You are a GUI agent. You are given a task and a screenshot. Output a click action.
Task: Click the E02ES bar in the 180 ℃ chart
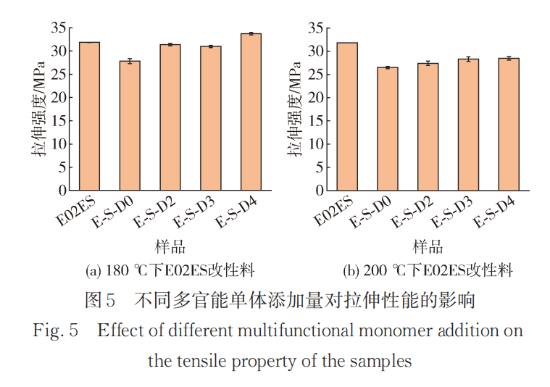[x=89, y=116]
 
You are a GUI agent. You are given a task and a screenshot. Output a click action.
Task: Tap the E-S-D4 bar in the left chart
[x=251, y=112]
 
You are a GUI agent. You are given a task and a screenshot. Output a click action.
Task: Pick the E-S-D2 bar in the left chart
[x=170, y=117]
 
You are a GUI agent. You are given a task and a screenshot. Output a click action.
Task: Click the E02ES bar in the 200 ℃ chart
[x=347, y=116]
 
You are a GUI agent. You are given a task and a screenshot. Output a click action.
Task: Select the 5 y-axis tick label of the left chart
[x=62, y=167]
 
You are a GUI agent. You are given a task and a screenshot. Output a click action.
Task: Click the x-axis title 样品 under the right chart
[x=428, y=246]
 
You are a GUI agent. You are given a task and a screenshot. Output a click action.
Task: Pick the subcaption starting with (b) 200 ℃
[x=428, y=271]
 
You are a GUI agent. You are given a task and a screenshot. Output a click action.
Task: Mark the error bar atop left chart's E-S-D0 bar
[x=130, y=61]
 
